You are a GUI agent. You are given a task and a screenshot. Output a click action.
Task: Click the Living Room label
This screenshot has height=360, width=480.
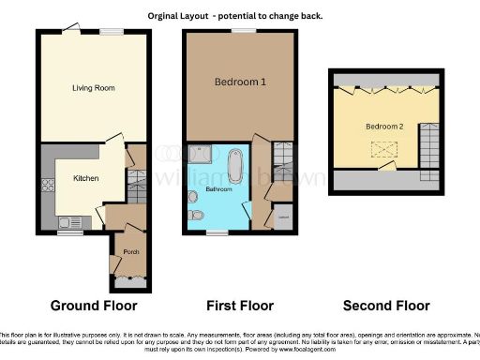pos(92,88)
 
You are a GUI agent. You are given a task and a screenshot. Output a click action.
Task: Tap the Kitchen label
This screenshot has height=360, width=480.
pos(86,177)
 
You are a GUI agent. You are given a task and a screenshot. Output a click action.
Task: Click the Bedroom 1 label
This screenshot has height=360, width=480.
pos(241,82)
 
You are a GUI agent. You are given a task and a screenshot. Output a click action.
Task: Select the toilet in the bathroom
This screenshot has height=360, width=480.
pos(194,215)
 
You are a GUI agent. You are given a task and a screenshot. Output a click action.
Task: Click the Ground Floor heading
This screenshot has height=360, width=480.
pos(93,306)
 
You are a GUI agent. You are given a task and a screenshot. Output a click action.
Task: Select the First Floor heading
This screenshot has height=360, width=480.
pos(239,306)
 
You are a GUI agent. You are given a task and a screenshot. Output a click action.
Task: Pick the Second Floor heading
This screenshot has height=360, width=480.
pos(386,306)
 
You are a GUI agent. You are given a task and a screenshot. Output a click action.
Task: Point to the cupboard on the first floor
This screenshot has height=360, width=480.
pos(283,218)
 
